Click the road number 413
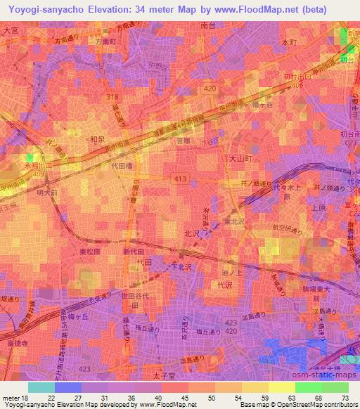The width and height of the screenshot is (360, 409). pos(181,180)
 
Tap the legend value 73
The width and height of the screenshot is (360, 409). pos(345,398)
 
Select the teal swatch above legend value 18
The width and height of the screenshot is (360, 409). pos(41,387)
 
